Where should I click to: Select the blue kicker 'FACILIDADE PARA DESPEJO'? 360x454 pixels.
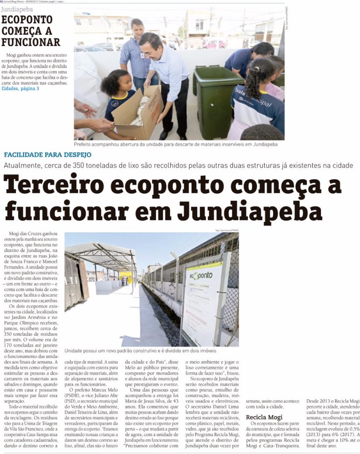point(48,155)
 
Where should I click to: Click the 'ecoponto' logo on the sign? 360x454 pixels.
point(201,276)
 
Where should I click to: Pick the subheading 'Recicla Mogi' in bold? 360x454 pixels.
point(264,417)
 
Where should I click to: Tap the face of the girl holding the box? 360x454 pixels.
point(124,82)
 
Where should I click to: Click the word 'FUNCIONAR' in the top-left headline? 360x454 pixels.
point(31,42)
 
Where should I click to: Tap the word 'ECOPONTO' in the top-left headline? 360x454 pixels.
point(27,20)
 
